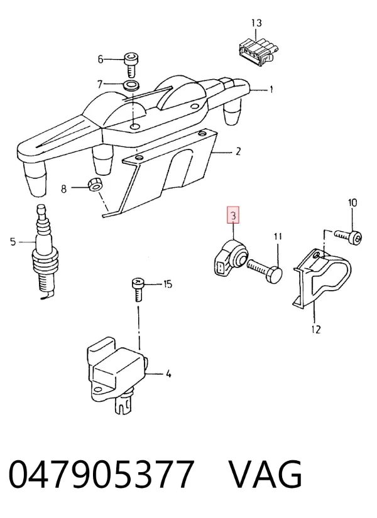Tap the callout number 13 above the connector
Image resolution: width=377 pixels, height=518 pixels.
pyautogui.click(x=256, y=23)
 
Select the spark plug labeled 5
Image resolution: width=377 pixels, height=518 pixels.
pyautogui.click(x=43, y=252)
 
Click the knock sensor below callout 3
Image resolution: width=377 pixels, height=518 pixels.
pyautogui.click(x=229, y=258)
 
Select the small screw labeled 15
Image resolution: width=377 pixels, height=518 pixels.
pyautogui.click(x=138, y=289)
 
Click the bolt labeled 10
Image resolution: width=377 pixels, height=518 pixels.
pyautogui.click(x=348, y=236)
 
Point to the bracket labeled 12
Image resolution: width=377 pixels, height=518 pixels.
pyautogui.click(x=321, y=277)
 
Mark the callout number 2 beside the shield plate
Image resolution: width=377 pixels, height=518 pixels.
pyautogui.click(x=238, y=152)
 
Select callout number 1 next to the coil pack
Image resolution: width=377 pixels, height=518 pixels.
pyautogui.click(x=271, y=89)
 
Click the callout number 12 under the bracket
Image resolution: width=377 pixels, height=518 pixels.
pyautogui.click(x=316, y=330)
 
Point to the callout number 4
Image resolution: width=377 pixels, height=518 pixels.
pyautogui.click(x=168, y=374)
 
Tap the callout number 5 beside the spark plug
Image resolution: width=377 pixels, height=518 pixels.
pyautogui.click(x=13, y=242)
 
